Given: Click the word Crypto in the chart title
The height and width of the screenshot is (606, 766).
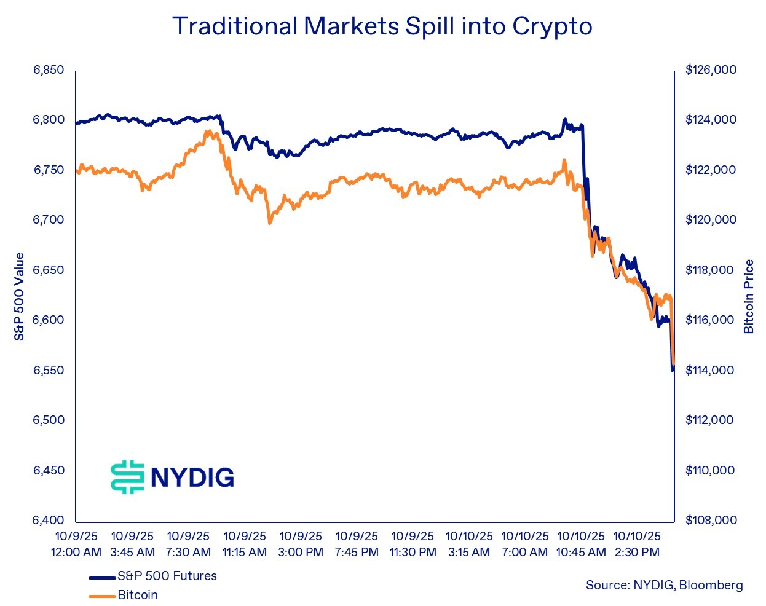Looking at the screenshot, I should (x=552, y=26).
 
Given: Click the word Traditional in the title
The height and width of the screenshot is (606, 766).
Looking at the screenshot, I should (x=234, y=26).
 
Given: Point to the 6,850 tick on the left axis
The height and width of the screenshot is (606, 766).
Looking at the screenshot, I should (x=49, y=70).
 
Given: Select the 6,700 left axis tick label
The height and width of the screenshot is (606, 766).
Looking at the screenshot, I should (x=49, y=220).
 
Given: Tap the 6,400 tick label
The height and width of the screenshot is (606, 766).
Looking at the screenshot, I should (x=49, y=521).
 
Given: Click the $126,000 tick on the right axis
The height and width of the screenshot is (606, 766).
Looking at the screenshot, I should (x=711, y=70).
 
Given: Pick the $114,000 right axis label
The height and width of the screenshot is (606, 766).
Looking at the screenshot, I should (x=711, y=371).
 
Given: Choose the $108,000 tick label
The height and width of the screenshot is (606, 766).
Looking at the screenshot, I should (x=711, y=521).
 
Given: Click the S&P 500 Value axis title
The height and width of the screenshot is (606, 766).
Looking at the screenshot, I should (x=20, y=296).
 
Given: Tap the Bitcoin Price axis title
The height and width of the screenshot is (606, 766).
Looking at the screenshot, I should (x=749, y=296).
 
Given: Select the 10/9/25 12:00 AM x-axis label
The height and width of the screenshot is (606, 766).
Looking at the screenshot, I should (x=76, y=545).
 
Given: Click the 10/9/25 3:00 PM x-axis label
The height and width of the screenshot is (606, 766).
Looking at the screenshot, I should (x=301, y=545).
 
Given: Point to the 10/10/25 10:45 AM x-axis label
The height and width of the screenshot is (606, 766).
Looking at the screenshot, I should (x=581, y=545).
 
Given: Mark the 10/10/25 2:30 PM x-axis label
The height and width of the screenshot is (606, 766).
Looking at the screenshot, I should (x=637, y=545).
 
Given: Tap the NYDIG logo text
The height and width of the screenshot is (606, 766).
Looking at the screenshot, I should (x=192, y=478).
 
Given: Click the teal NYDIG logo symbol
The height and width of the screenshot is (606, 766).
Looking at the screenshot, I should (x=127, y=477).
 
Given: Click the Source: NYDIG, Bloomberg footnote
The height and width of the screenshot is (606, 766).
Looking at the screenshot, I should (x=664, y=586).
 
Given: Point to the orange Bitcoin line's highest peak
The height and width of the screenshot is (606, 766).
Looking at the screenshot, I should (x=209, y=132).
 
